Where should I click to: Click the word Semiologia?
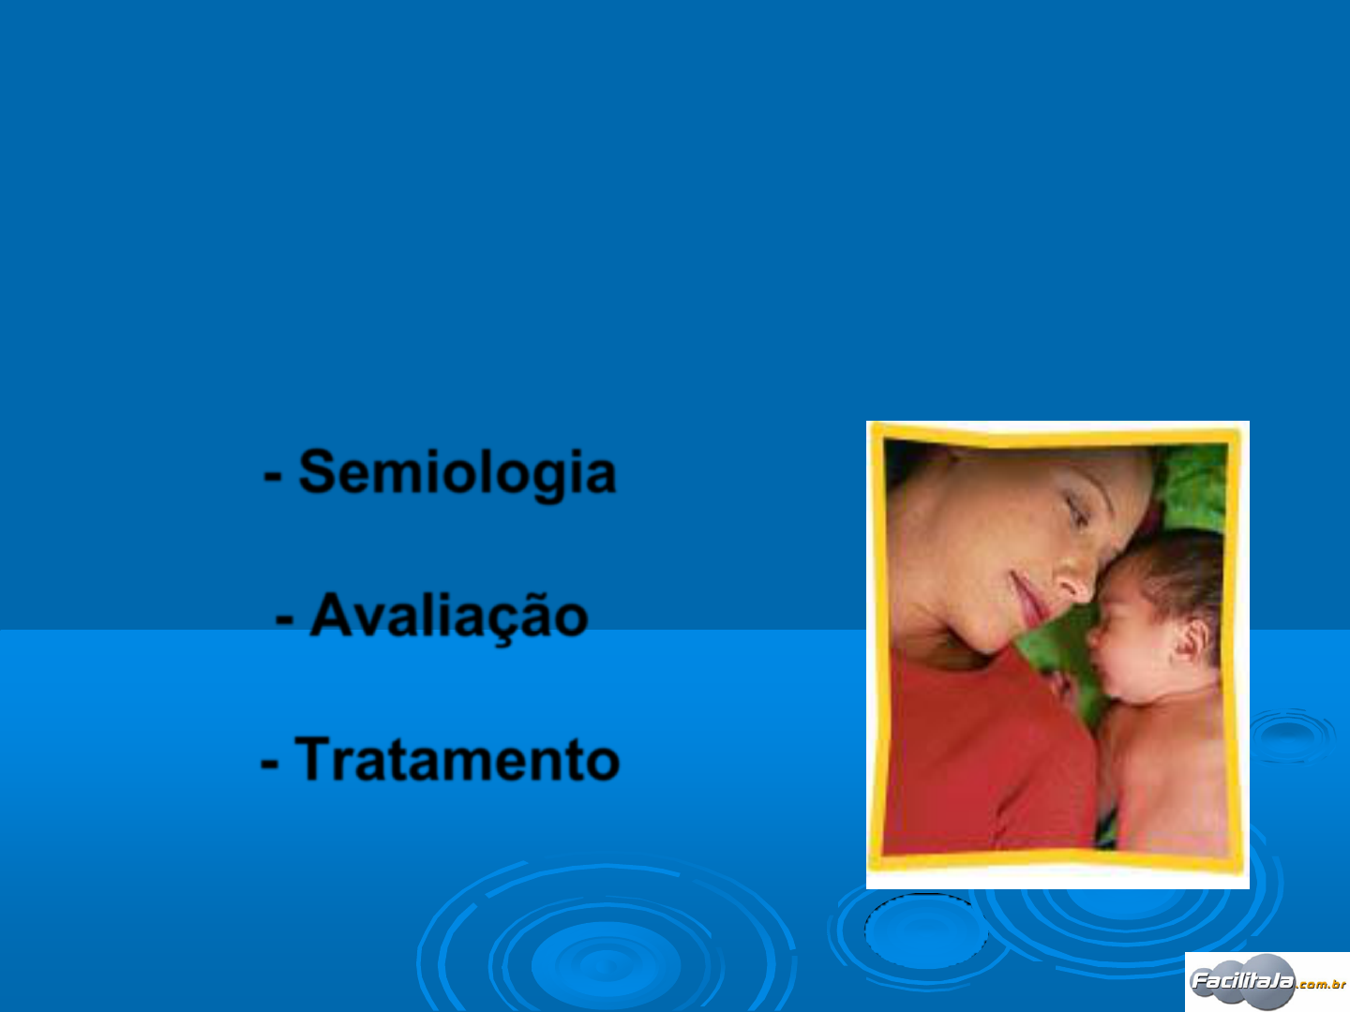[x=457, y=474]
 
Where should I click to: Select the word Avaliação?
[x=449, y=617]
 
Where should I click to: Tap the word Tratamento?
[x=457, y=759]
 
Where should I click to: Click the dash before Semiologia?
[x=273, y=476]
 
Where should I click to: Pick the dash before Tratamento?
[x=269, y=763]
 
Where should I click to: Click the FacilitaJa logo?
[x=1267, y=982]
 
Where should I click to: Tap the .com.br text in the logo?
[x=1322, y=984]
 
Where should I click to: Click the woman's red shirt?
[x=984, y=756]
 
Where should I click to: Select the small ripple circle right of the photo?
[x=1291, y=736]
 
